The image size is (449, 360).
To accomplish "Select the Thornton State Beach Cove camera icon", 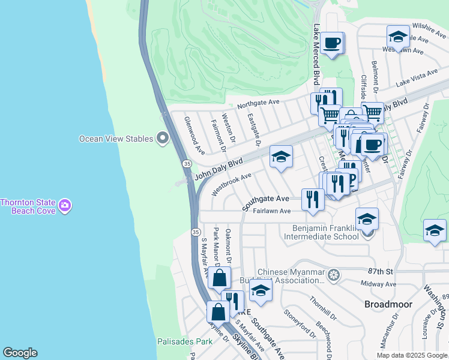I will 64,206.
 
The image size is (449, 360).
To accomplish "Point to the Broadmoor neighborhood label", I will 388,304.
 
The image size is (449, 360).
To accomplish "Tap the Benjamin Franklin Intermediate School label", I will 325,232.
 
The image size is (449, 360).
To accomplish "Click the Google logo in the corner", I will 20,353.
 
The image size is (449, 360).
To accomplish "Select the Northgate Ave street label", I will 258,104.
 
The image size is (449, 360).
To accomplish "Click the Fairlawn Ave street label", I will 271,211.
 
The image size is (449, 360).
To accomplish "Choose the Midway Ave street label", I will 378,283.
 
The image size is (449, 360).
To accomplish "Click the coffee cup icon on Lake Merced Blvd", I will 332,43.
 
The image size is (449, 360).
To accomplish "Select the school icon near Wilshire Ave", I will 398,37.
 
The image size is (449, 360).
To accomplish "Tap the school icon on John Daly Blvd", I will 281,157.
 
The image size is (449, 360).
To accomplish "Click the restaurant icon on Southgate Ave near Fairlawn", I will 312,199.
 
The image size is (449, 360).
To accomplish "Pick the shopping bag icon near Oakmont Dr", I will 220,278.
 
